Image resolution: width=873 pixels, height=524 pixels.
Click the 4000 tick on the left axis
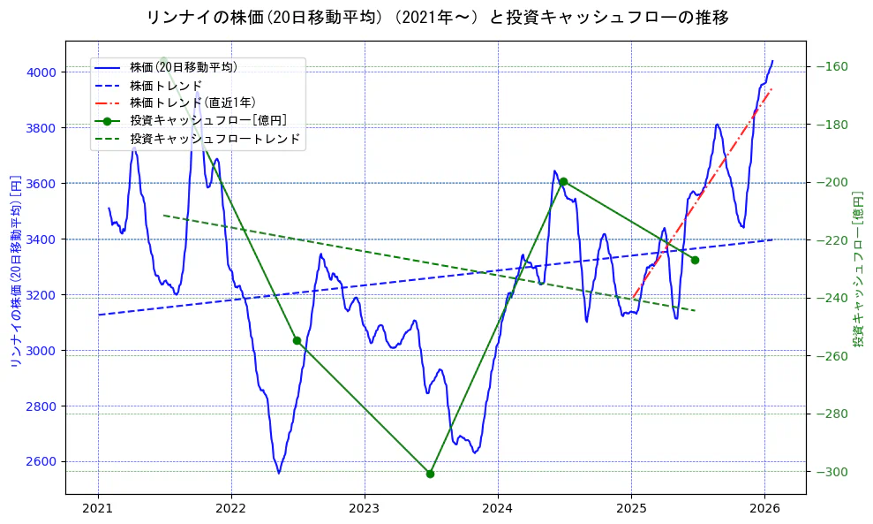[x=41, y=72]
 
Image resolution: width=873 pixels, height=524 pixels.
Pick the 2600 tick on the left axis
[x=41, y=462]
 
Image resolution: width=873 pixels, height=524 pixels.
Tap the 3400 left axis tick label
[x=41, y=239]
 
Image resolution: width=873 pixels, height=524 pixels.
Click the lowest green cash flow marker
[x=430, y=474]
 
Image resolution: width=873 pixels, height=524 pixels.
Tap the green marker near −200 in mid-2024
[x=563, y=181]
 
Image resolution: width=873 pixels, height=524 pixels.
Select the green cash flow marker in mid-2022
[x=297, y=340]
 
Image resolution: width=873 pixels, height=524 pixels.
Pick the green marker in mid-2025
[x=695, y=260]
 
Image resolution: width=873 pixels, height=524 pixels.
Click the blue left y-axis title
[x=15, y=271]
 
